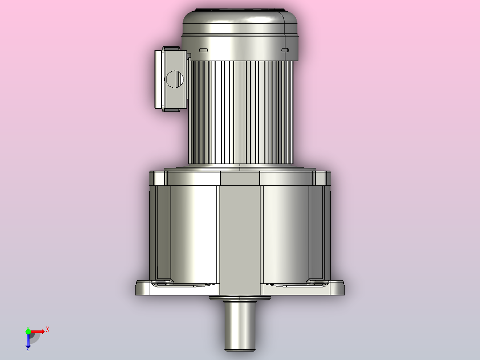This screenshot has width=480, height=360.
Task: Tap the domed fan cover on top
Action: pos(240,22)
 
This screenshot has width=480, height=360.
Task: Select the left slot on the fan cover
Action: pos(203,50)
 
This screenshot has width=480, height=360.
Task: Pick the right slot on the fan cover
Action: pos(285,50)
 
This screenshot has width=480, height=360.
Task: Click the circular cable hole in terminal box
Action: pos(175,79)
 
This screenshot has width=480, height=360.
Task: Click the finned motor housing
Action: pos(241,111)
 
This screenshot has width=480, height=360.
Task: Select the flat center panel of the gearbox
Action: pos(240,232)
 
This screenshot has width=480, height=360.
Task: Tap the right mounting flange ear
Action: pos(338,288)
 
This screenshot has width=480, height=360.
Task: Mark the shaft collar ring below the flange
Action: pos(240,299)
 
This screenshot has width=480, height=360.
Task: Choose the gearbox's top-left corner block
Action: pos(159,178)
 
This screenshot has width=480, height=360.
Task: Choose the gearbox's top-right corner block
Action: pos(321,178)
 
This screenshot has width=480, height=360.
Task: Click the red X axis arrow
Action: pos(38,331)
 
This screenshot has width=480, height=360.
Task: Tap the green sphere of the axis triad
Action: pos(28,331)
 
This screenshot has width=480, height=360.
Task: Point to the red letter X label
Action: pos(48,330)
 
